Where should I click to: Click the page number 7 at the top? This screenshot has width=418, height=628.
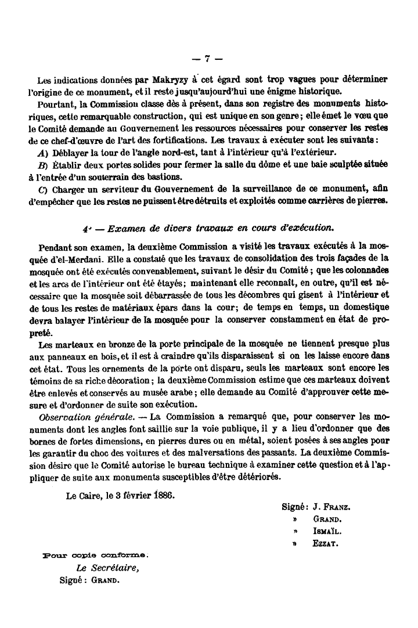(x=208, y=57)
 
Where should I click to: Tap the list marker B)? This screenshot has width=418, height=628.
(x=42, y=165)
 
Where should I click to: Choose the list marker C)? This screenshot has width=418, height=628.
(x=42, y=190)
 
